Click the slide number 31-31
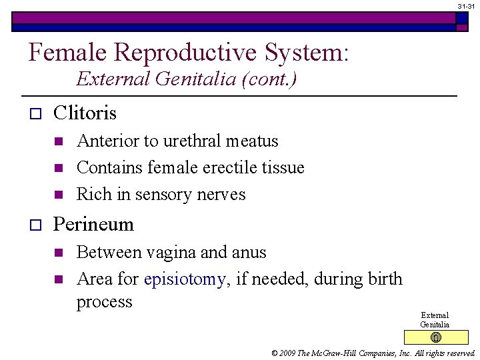(466, 5)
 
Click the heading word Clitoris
(85, 113)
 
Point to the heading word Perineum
(93, 224)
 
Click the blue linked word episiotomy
(185, 279)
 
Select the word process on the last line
(105, 301)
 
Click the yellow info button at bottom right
(435, 337)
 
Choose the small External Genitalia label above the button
(435, 319)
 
